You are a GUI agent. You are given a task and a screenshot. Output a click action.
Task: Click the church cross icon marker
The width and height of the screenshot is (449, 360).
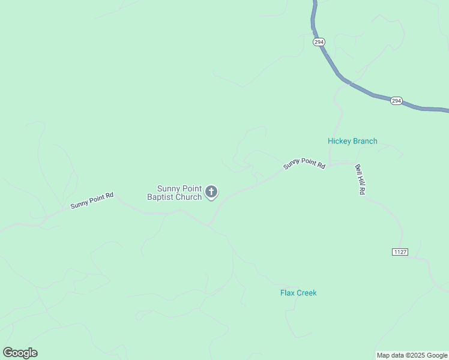click(211, 192)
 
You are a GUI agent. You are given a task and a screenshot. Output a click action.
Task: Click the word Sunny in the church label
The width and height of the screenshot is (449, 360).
click(169, 188)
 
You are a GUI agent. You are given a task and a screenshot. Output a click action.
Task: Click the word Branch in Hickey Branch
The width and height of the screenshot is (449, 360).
click(366, 142)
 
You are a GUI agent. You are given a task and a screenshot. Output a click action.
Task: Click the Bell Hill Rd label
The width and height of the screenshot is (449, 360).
click(360, 179)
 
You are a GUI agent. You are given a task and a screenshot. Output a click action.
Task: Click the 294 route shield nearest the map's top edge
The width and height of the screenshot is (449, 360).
click(319, 41)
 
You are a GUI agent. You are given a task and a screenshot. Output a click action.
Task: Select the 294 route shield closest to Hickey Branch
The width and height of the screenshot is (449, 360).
click(396, 101)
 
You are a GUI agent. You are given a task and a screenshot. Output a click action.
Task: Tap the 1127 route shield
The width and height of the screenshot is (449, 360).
click(400, 251)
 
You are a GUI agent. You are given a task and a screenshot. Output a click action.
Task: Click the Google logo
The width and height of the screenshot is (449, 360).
click(20, 353)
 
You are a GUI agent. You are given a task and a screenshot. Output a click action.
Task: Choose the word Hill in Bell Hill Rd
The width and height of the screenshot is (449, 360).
click(361, 179)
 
